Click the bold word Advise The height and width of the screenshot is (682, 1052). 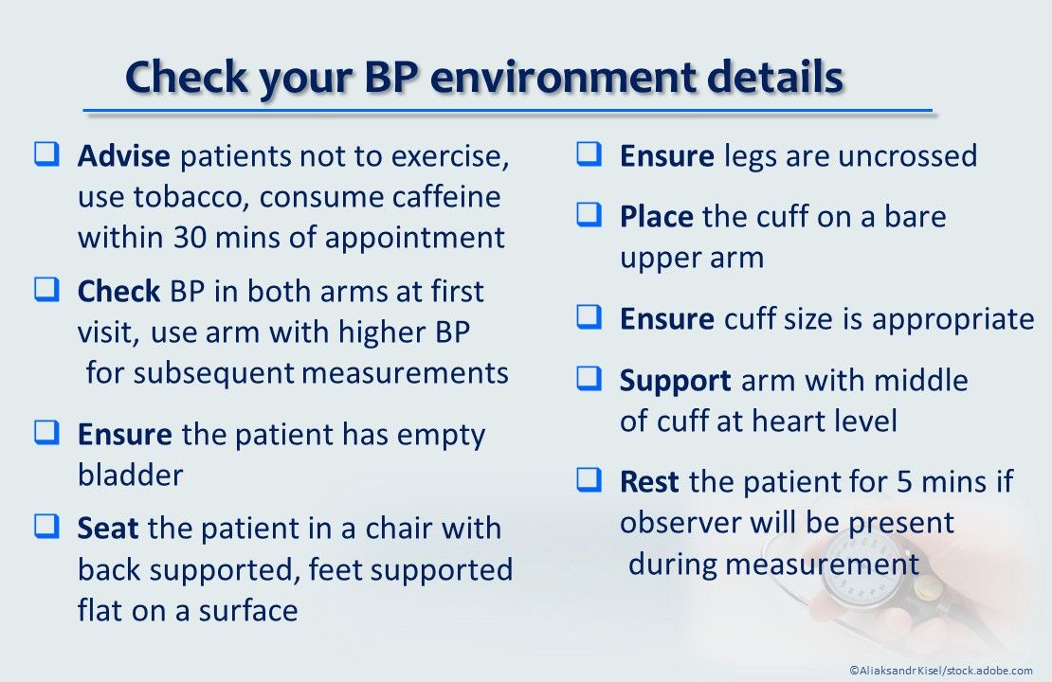pyautogui.click(x=124, y=156)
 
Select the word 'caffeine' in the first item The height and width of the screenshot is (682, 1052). pyautogui.click(x=448, y=197)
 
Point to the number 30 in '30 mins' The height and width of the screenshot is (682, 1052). pyautogui.click(x=190, y=238)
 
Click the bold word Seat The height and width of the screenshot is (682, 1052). pyautogui.click(x=108, y=528)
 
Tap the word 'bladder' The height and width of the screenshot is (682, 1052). pyautogui.click(x=130, y=475)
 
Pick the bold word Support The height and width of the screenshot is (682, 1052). pyautogui.click(x=675, y=381)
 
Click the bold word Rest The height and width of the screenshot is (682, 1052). pyautogui.click(x=649, y=482)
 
